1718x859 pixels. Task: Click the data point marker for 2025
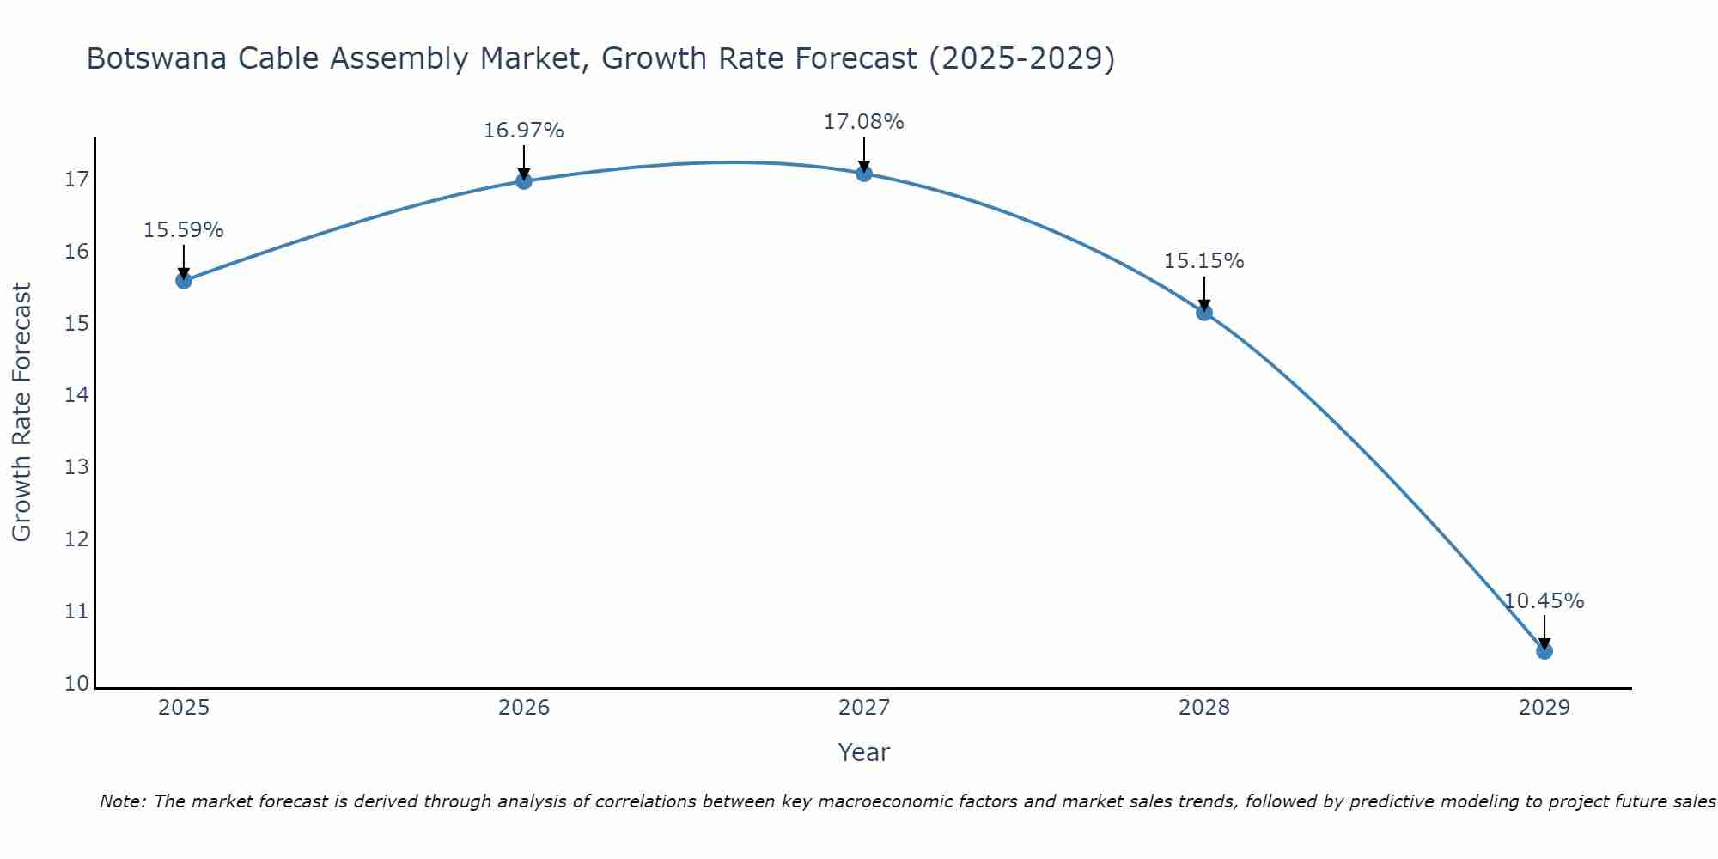(x=184, y=280)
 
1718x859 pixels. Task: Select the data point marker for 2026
(x=524, y=180)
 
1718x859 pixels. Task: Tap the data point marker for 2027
(x=864, y=174)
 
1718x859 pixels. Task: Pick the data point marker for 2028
(x=1204, y=312)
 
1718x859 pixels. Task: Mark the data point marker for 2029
(x=1544, y=651)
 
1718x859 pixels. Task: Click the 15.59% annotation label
(x=184, y=230)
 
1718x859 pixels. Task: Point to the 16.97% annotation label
(x=524, y=131)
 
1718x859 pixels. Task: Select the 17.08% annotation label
(x=864, y=122)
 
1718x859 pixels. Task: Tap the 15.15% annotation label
(x=1204, y=261)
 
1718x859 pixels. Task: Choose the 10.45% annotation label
(x=1544, y=601)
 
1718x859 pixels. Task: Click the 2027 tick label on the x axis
(x=864, y=708)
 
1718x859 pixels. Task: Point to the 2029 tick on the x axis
(x=1544, y=708)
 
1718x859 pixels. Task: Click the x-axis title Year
(x=864, y=752)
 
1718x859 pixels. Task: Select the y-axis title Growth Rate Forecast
(x=22, y=412)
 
